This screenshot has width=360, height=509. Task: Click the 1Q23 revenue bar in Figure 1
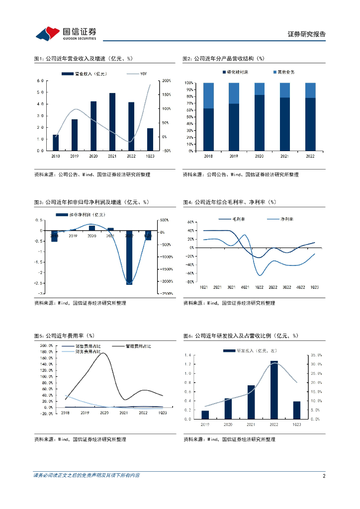[150, 139]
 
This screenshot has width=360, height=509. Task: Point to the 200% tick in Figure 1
[166, 81]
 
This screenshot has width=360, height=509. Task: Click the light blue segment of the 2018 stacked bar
[209, 95]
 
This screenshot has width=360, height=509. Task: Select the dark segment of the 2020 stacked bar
[259, 122]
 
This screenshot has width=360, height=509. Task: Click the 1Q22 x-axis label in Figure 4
[259, 287]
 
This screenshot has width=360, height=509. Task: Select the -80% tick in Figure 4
[190, 281]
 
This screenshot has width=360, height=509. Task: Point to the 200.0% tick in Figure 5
[46, 345]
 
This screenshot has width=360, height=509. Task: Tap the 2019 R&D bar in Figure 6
[205, 415]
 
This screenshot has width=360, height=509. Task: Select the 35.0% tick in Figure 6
[317, 355]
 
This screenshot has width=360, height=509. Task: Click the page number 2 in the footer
[324, 476]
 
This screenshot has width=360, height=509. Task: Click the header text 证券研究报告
[307, 34]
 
